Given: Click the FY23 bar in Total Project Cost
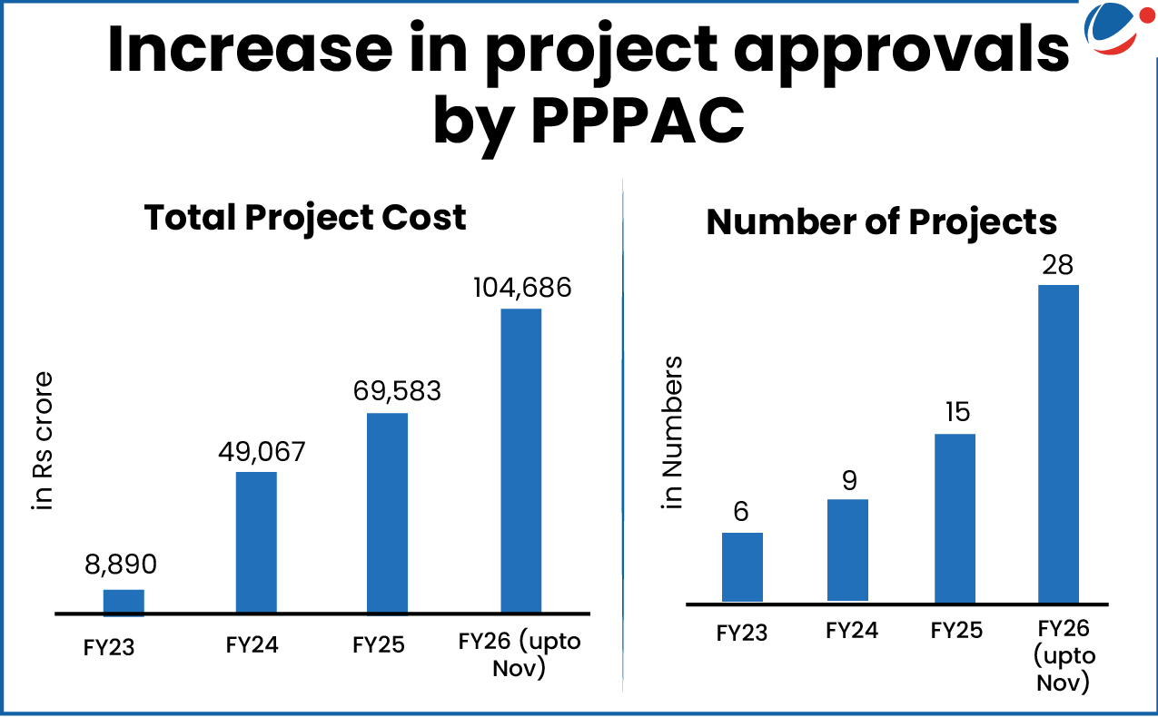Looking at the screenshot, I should point(124,602).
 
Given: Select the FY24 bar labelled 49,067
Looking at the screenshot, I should point(256,542).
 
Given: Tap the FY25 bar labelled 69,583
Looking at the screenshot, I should point(387,513).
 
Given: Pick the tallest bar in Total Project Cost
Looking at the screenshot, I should point(520,461).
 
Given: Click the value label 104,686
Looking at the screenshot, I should point(522,289).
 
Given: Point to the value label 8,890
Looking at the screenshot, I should point(121,565).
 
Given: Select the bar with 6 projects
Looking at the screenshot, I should point(742,566).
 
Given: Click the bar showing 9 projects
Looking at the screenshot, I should point(848,550).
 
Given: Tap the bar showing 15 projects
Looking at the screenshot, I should point(955,517).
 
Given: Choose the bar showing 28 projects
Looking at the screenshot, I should point(1058,443).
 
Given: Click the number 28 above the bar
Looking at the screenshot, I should point(1058,265).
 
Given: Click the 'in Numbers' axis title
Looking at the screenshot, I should point(673,432).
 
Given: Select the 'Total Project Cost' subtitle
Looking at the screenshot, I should point(305,218).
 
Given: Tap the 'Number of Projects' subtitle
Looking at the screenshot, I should point(882,222).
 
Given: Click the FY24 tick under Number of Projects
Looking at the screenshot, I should point(852,630).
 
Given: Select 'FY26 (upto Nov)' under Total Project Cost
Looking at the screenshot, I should point(520,654).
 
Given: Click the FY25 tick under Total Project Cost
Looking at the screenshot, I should point(379,645).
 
